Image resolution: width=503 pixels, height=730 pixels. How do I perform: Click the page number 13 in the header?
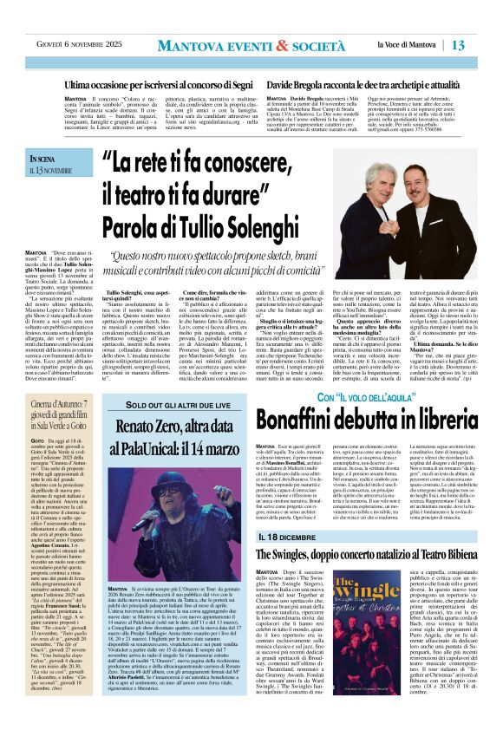coord(483,44)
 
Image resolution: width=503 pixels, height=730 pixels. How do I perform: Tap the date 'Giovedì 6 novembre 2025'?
coord(68,45)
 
